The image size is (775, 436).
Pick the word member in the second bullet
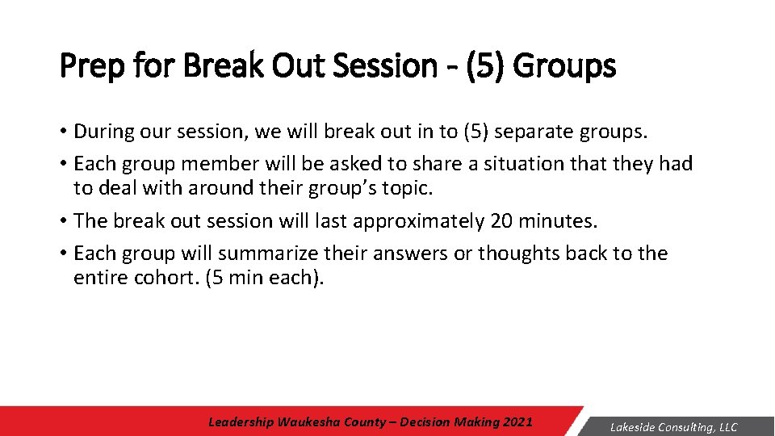point(220,164)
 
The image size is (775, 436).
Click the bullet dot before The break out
point(64,221)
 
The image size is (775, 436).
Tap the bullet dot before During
point(64,131)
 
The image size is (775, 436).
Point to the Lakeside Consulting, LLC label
point(673,427)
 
